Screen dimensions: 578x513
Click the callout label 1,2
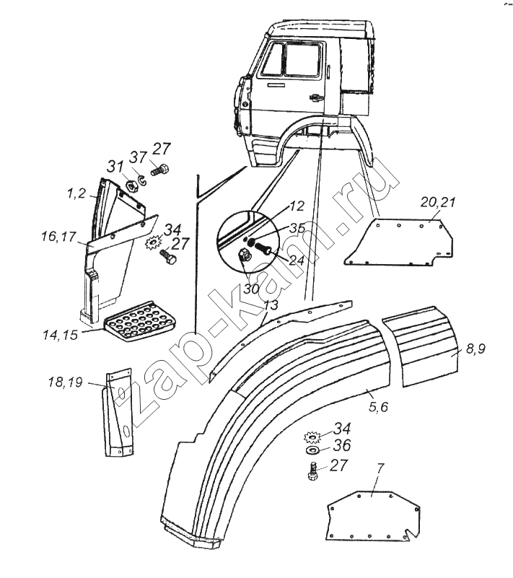tap(77, 194)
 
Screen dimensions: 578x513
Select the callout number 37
tap(139, 157)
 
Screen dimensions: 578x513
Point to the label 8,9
tap(475, 350)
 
